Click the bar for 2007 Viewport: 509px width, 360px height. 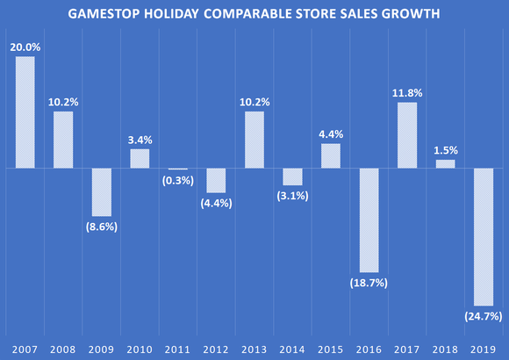pyautogui.click(x=25, y=112)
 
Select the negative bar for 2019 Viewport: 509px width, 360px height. pyautogui.click(x=484, y=236)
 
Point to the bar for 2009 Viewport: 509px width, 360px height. pyautogui.click(x=102, y=191)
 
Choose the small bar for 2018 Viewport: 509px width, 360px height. pyautogui.click(x=445, y=163)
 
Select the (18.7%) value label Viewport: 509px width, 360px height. pyautogui.click(x=369, y=283)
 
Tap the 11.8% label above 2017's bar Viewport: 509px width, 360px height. pyautogui.click(x=407, y=92)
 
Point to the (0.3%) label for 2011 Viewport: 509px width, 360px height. pyautogui.click(x=178, y=181)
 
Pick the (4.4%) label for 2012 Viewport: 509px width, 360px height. pyautogui.click(x=216, y=204)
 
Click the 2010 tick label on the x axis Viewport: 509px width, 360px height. pyautogui.click(x=140, y=349)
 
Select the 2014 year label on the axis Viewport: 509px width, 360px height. pyautogui.click(x=292, y=349)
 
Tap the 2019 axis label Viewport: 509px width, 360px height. pyautogui.click(x=484, y=349)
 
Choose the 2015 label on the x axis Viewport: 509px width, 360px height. pyautogui.click(x=331, y=349)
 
